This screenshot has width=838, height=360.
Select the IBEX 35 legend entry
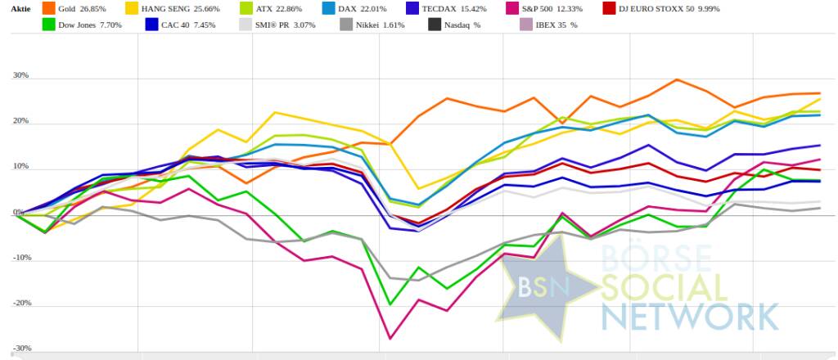[x=561, y=25]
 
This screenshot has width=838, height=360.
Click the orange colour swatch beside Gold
[x=47, y=8]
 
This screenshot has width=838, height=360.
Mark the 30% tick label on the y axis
[x=21, y=76]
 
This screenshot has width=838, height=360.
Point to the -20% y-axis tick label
[x=20, y=303]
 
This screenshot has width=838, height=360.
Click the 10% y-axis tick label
[x=21, y=167]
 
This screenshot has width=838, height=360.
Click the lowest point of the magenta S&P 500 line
[x=390, y=338]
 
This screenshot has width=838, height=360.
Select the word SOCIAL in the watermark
[x=663, y=287]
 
